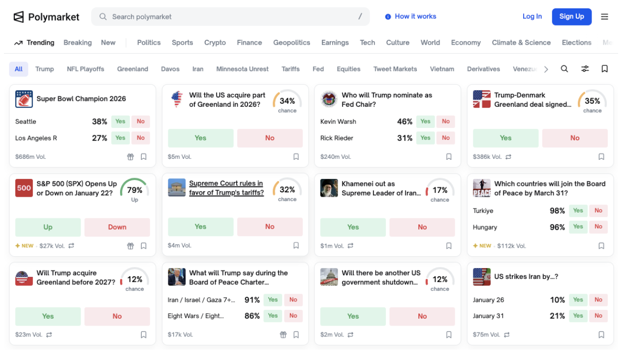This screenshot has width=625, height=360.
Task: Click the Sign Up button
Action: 571,17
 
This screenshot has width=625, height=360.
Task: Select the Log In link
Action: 532,17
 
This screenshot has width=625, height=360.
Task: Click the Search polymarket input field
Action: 226,17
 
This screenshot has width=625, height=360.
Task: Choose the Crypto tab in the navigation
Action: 215,43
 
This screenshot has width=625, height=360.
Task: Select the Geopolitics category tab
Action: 292,43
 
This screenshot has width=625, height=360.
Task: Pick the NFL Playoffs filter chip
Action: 86,69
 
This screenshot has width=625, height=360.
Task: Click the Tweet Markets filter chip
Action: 395,69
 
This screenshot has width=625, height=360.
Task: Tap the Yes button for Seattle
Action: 121,121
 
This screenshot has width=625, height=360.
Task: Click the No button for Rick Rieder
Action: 446,138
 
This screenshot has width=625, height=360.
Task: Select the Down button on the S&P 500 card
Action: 117,227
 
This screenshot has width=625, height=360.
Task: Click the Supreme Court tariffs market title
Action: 226,188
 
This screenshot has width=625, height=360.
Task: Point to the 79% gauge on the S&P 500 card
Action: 134,190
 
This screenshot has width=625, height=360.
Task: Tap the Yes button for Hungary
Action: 578,227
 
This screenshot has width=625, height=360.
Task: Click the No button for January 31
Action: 598,316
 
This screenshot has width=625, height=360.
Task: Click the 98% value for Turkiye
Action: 557,211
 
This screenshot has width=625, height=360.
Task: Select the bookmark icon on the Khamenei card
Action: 449,246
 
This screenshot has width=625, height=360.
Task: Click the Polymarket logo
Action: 46,17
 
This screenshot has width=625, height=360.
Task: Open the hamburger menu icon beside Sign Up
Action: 604,17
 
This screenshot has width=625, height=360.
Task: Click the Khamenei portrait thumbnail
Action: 329,188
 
